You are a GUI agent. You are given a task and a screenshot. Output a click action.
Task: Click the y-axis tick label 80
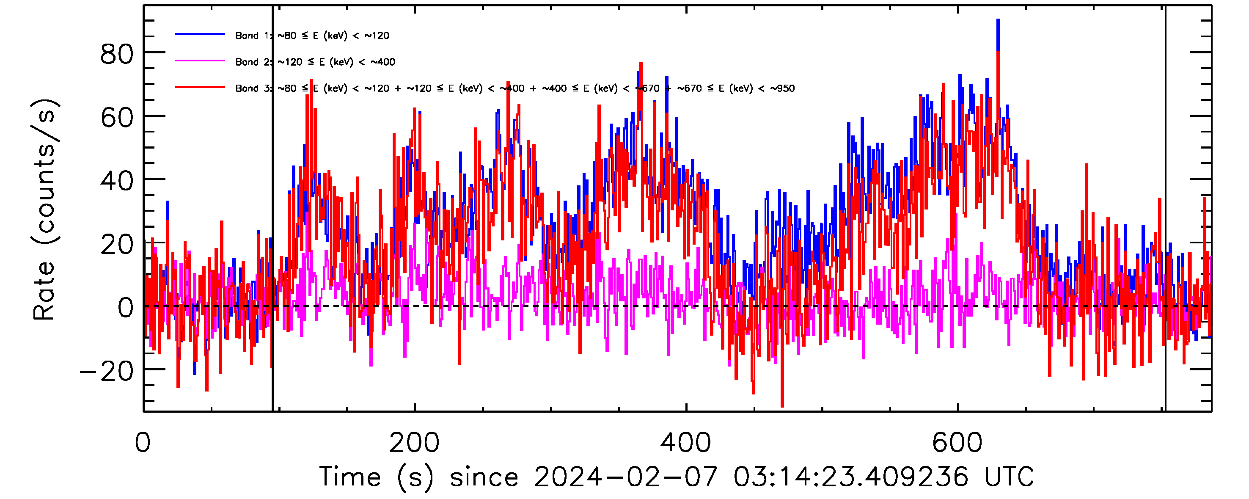[x=116, y=54]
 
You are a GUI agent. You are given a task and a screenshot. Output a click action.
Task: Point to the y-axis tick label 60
[x=116, y=117]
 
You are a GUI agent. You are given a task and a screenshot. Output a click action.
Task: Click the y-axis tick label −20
[x=106, y=372]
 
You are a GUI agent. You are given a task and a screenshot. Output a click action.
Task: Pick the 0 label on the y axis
[x=125, y=308]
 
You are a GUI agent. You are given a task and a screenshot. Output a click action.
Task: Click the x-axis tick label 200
[x=414, y=443]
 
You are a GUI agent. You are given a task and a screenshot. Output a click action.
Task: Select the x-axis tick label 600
[x=957, y=443]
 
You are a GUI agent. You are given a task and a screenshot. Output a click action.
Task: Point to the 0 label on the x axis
[x=143, y=443]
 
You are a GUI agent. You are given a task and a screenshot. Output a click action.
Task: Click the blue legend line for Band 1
[x=200, y=34]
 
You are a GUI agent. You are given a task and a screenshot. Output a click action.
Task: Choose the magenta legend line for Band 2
[x=200, y=61]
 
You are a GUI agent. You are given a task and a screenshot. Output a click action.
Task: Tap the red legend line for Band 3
[x=200, y=87]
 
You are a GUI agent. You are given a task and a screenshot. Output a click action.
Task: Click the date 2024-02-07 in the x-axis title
[x=625, y=477]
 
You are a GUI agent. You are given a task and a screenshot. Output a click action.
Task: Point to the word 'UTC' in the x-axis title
[x=1009, y=477]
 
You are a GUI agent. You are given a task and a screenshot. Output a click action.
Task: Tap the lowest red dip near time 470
[x=782, y=406]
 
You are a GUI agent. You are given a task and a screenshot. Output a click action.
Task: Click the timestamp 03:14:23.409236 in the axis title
[x=850, y=477]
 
